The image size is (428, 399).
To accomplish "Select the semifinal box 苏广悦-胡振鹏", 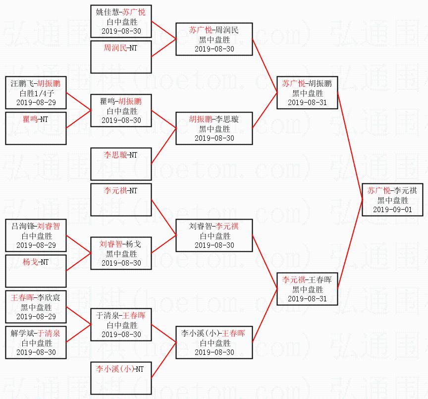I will (x=307, y=93).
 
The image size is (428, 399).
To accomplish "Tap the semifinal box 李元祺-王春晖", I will (x=307, y=289).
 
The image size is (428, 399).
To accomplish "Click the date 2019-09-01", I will (x=393, y=210).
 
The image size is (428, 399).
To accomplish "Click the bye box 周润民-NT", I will (x=121, y=57).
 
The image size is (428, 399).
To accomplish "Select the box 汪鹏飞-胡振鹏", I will (x=35, y=93).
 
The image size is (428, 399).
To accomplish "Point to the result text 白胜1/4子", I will (x=35, y=93).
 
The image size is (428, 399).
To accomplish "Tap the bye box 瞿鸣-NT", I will (x=35, y=128).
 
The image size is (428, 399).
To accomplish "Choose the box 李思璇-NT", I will (x=121, y=164).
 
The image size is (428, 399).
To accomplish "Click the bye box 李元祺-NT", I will (x=121, y=200).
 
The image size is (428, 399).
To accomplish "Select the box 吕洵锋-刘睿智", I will (x=35, y=235).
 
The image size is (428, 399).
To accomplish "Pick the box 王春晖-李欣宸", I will (x=35, y=307).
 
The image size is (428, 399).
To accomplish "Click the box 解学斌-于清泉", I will (x=35, y=342).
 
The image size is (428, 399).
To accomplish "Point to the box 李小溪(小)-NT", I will (x=121, y=378).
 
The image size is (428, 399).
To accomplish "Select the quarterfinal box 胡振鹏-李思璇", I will (x=214, y=128).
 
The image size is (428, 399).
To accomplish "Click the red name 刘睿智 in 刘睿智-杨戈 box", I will (x=109, y=244).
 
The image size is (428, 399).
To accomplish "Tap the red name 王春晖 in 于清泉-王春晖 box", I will (x=134, y=316).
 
